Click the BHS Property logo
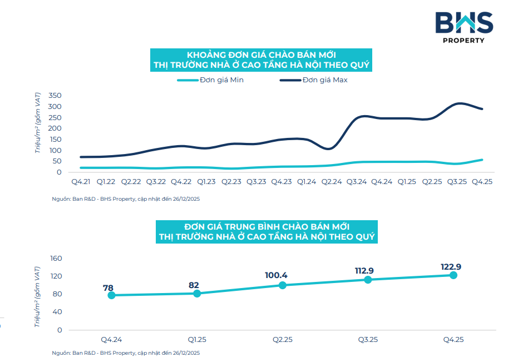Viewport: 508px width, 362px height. [x=463, y=26]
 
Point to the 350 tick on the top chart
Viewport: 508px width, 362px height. [x=54, y=96]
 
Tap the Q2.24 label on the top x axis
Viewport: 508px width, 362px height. [x=331, y=182]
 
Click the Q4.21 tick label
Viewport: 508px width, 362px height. [x=81, y=182]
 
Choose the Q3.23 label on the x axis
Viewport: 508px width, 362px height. [x=256, y=182]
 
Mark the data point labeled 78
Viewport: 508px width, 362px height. [x=111, y=295]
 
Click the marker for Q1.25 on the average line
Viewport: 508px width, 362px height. [x=197, y=293]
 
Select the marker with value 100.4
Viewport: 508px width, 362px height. [x=283, y=285]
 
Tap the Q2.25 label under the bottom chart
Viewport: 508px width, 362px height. [x=282, y=340]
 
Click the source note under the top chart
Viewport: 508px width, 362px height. [x=126, y=199]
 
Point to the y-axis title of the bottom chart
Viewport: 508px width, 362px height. [x=38, y=296]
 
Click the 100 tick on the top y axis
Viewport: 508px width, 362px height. [x=54, y=150]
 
